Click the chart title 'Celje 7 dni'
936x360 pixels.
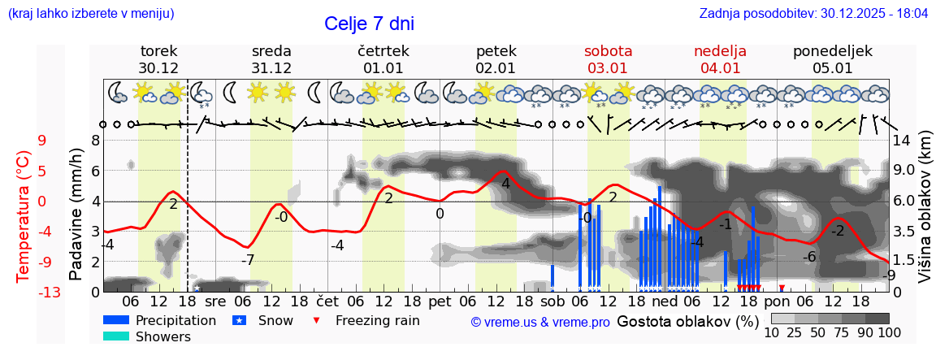click(x=375, y=24)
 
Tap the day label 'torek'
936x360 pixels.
click(x=158, y=51)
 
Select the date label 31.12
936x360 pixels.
click(x=271, y=68)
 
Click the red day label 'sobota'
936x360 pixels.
click(x=608, y=51)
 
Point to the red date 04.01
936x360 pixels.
click(x=720, y=68)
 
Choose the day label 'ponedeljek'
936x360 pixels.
click(x=833, y=51)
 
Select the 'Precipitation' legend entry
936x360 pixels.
click(x=175, y=320)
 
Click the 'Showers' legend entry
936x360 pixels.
click(x=163, y=336)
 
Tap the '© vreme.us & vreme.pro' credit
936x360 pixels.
click(x=539, y=322)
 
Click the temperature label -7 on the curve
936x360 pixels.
click(x=249, y=260)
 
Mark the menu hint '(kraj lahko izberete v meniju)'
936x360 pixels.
click(x=91, y=14)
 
